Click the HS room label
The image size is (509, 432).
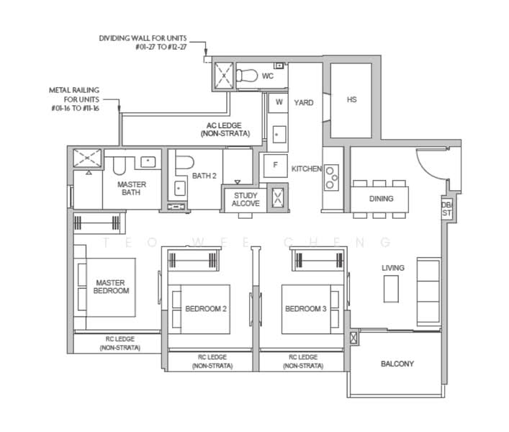tap(352, 99)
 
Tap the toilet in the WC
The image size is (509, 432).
tap(247, 76)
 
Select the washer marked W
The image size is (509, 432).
tap(279, 102)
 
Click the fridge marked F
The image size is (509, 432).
tap(275, 166)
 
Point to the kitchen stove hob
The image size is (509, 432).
tap(332, 177)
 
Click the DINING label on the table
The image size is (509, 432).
tap(381, 199)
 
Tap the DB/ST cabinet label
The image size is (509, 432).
tap(446, 209)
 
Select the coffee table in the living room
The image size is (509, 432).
tap(391, 289)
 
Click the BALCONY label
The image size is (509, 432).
tap(397, 364)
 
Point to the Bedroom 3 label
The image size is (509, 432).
tap(305, 309)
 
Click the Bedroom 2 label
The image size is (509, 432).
tap(206, 309)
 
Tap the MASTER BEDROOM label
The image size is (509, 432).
tap(111, 287)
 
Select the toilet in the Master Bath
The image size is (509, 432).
tap(119, 166)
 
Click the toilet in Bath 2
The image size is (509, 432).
tap(184, 161)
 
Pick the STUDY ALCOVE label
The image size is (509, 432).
tap(246, 199)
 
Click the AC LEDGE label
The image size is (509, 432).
tap(225, 130)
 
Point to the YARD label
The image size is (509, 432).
tap(304, 102)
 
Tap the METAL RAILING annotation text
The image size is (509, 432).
tap(75, 99)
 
